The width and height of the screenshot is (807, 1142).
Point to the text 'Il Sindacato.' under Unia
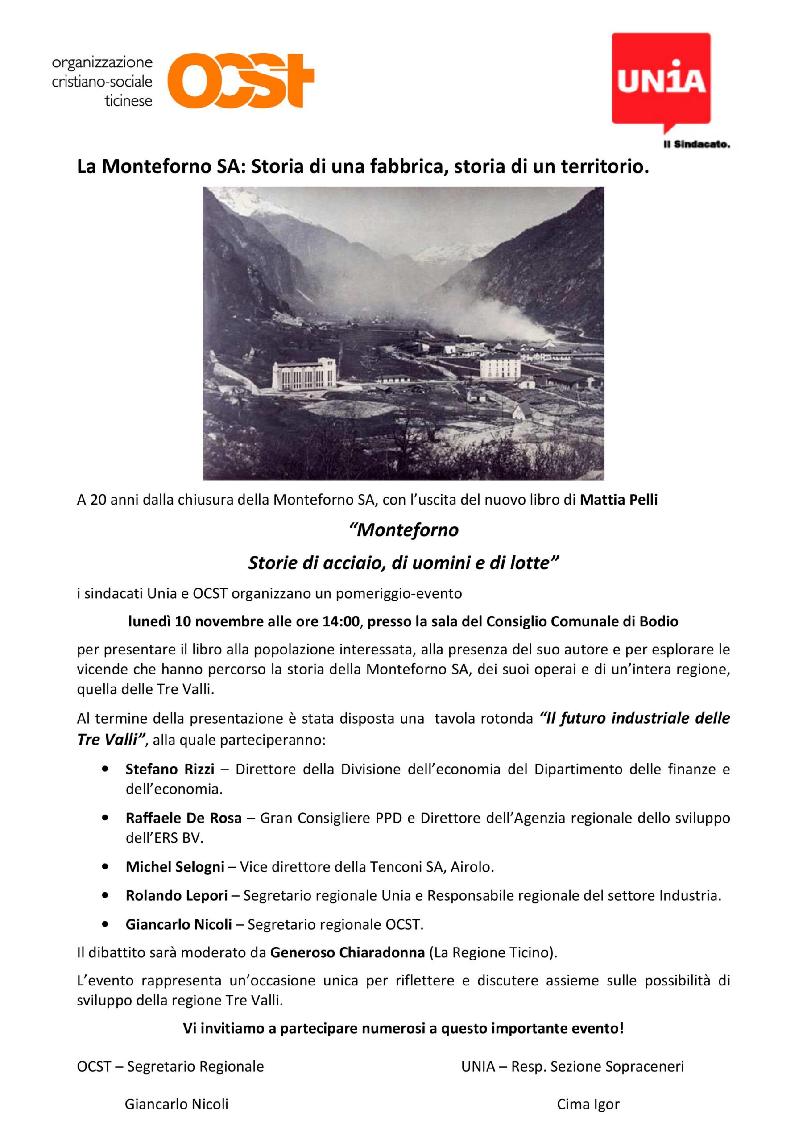pos(696,145)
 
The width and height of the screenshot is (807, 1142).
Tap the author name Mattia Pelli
pos(618,500)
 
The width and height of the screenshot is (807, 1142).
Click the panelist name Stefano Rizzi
pos(170,770)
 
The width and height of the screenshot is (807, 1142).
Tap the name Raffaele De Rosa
pos(184,818)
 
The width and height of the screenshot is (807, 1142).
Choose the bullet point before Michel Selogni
pos(104,867)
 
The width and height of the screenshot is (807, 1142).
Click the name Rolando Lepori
pos(177,896)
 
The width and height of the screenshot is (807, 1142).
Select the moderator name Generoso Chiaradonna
pos(347,953)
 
